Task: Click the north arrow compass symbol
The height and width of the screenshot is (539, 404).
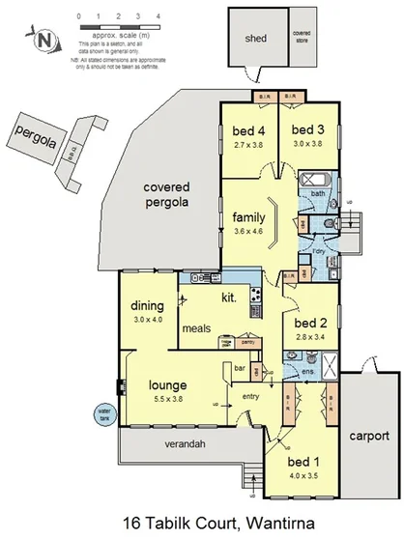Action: (43, 41)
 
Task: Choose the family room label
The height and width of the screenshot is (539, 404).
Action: (246, 216)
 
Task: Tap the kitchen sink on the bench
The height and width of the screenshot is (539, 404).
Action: (200, 278)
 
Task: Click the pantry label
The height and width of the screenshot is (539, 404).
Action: (247, 342)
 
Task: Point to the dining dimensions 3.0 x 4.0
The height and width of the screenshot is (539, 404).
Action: (150, 320)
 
